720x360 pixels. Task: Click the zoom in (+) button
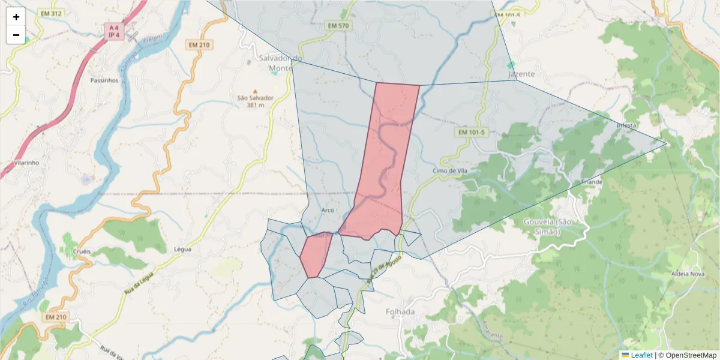click(x=16, y=17)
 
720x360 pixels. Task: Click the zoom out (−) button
click(x=16, y=35)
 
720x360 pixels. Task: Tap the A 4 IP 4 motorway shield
click(x=112, y=31)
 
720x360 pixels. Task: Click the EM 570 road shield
click(x=338, y=26)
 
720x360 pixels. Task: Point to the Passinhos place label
click(x=104, y=80)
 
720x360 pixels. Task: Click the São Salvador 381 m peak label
click(x=255, y=101)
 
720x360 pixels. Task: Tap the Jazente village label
click(x=521, y=74)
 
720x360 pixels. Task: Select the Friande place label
click(x=591, y=182)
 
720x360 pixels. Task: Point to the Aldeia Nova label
click(x=688, y=274)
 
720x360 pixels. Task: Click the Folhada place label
click(x=400, y=312)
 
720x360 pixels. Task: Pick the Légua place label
click(x=182, y=248)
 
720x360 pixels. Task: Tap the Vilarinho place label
click(x=26, y=163)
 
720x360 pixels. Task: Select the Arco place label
click(x=328, y=210)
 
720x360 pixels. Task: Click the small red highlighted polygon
click(x=314, y=256)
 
